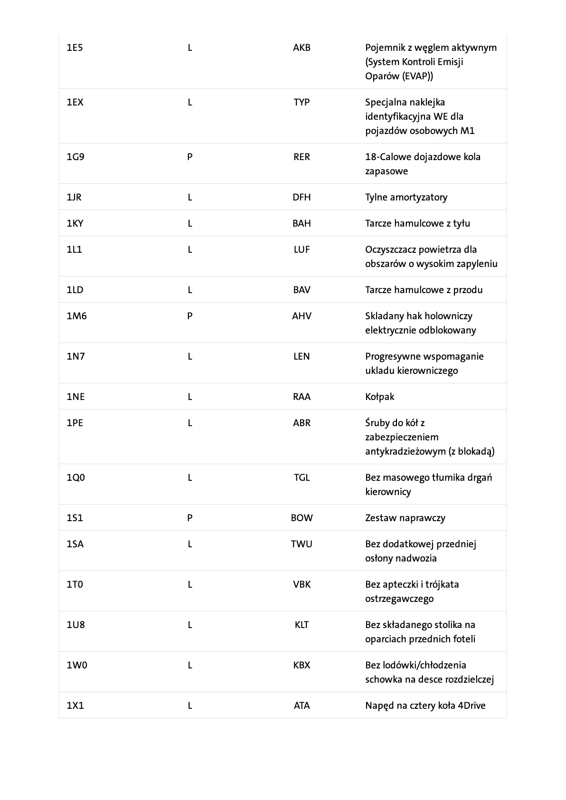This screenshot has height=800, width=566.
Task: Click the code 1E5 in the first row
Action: [x=75, y=48]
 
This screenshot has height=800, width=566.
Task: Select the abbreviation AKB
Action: [x=302, y=48]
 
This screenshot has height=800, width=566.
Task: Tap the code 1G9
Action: [x=75, y=157]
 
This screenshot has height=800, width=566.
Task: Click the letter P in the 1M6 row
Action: [x=189, y=316]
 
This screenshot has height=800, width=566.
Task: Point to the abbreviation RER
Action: [x=302, y=157]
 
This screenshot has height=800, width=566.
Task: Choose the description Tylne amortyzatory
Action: [x=406, y=197]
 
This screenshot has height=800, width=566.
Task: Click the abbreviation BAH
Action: [x=302, y=223]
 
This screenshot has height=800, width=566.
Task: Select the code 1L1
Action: [x=74, y=249]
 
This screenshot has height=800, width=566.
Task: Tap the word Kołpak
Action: [x=379, y=397]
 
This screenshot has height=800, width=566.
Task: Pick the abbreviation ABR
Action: [x=302, y=423]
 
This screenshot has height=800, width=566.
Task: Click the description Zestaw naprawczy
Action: [x=405, y=518]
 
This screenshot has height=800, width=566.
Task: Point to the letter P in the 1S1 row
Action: [x=189, y=518]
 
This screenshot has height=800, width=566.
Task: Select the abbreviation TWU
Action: [x=302, y=544]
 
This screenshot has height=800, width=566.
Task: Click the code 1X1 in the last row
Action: [x=75, y=705]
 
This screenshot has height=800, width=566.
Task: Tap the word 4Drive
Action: [x=472, y=705]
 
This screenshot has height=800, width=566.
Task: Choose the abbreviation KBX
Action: [x=302, y=665]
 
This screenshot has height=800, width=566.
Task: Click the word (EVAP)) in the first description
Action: [x=416, y=76]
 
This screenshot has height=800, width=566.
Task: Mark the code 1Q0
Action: [x=75, y=477]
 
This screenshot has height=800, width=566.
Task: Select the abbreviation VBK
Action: [x=302, y=584]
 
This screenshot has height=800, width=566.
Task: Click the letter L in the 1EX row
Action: [x=189, y=102]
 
